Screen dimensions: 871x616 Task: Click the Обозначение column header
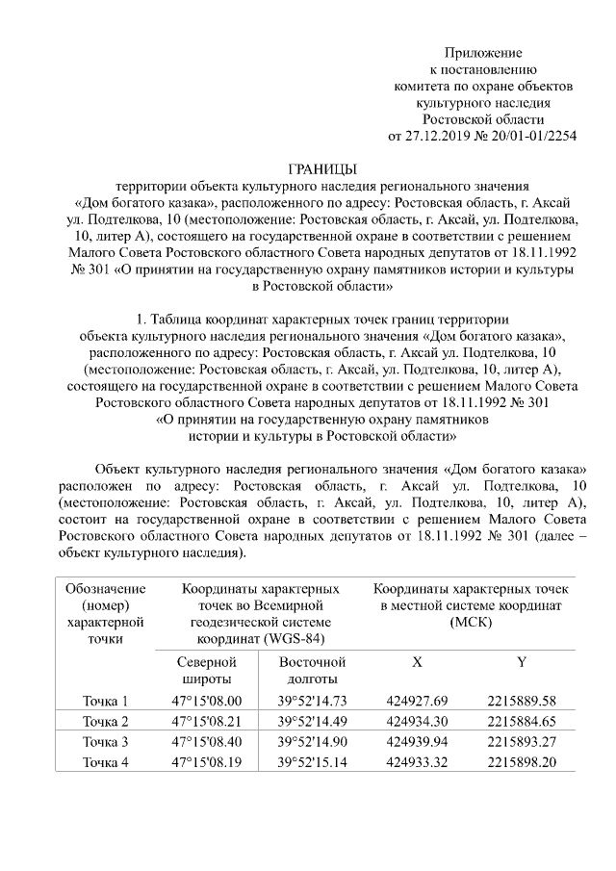click(x=105, y=588)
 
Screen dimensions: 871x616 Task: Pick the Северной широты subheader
click(x=204, y=671)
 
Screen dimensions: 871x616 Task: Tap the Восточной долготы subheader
click(x=312, y=671)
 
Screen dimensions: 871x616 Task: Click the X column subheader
click(x=417, y=662)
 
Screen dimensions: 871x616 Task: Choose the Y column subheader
click(x=522, y=662)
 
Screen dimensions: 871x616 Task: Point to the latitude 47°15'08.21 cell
click(x=206, y=722)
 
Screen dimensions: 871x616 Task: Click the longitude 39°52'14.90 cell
click(x=312, y=742)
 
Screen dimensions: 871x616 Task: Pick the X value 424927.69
click(x=417, y=701)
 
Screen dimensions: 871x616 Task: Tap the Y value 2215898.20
click(x=522, y=762)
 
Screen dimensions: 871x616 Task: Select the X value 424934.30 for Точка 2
click(x=417, y=722)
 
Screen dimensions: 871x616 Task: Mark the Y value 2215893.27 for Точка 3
click(x=522, y=742)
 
